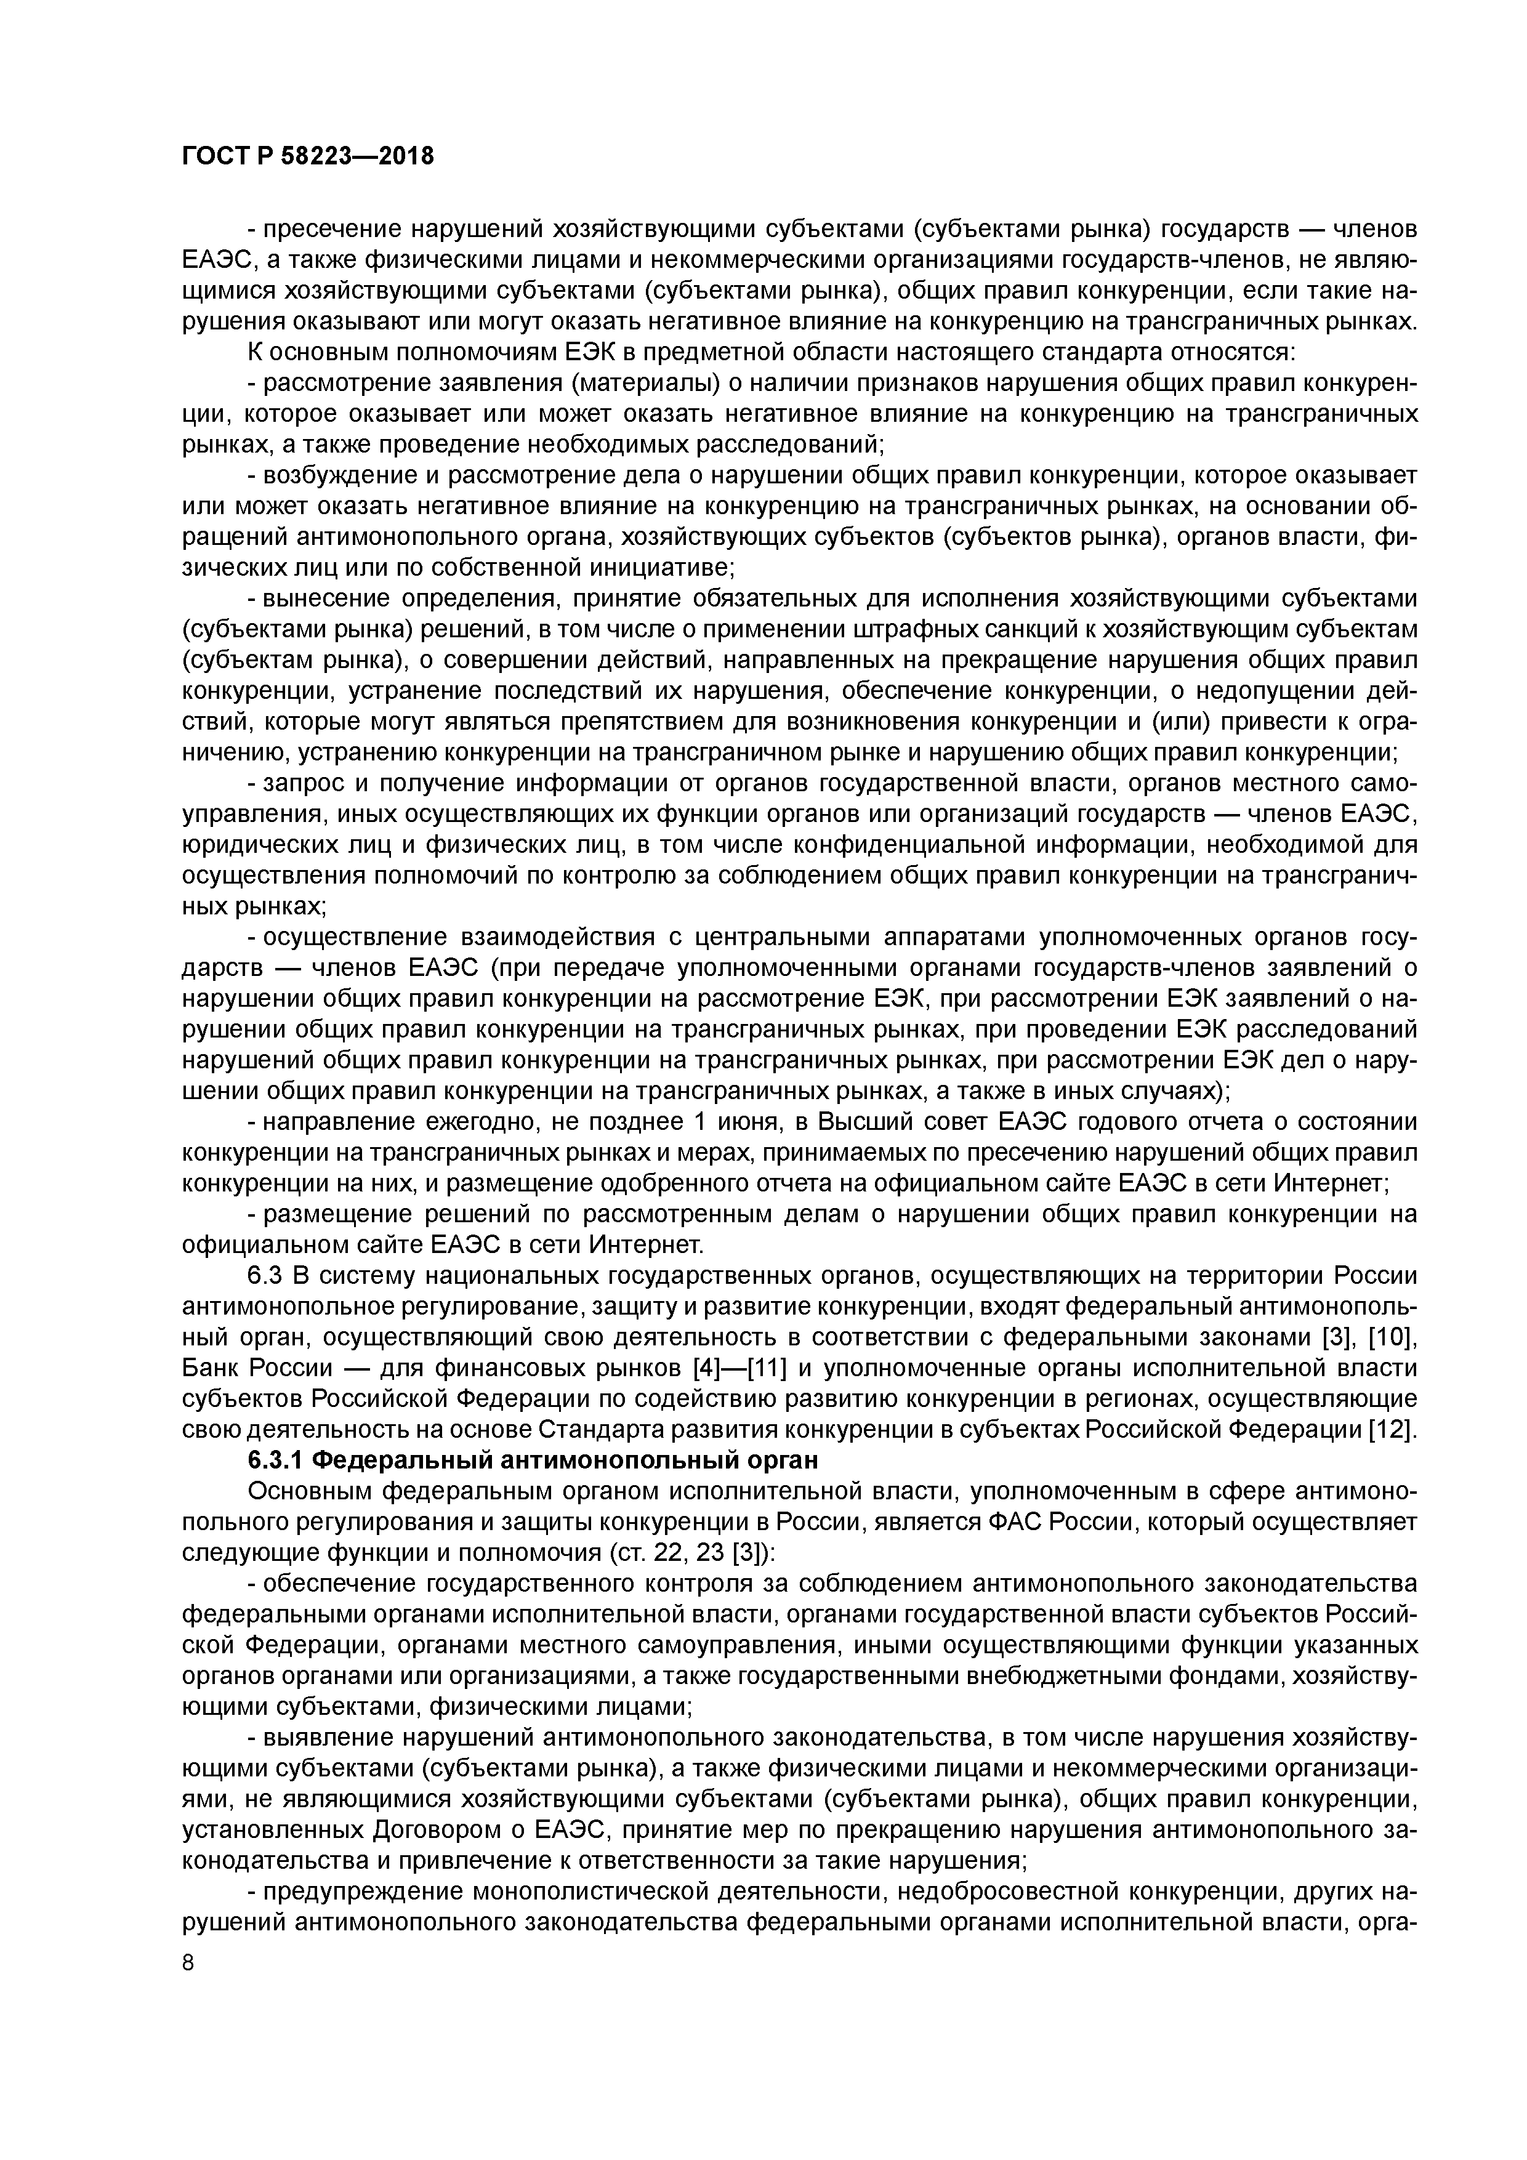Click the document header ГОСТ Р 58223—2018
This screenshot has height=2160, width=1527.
[308, 156]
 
